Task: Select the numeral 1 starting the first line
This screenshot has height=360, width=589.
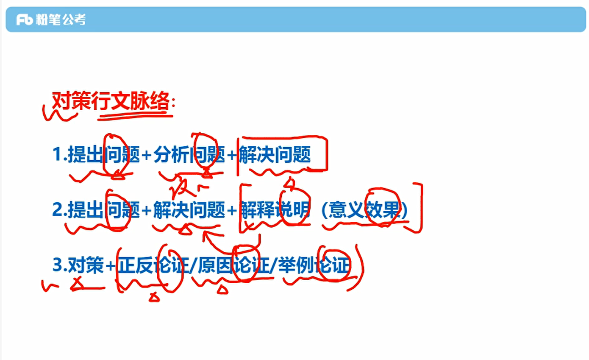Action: point(57,155)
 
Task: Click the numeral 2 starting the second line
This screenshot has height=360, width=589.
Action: point(57,210)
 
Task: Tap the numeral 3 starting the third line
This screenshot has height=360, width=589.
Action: point(57,265)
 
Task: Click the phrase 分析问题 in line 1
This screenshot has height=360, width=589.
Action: point(189,155)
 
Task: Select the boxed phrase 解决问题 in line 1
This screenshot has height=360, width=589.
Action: point(275,155)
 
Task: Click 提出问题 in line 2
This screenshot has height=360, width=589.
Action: point(103,210)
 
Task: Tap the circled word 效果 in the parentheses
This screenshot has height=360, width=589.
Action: point(382,210)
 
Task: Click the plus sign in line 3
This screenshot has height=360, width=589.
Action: point(110,266)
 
